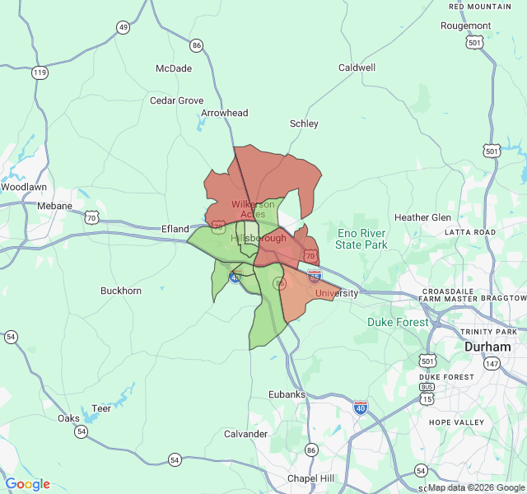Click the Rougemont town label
[465, 26]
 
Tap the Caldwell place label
[357, 68]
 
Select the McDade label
[174, 68]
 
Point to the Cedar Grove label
[176, 100]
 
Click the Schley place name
[304, 123]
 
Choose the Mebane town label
[55, 206]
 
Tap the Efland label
[175, 229]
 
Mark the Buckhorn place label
[121, 291]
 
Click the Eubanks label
[287, 394]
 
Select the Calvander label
[246, 434]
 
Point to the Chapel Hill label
[310, 478]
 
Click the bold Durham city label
[487, 347]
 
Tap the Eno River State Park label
[361, 239]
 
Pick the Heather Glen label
[422, 217]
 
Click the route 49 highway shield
[123, 27]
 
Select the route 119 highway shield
[40, 72]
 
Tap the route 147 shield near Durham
[492, 363]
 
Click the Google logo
[27, 484]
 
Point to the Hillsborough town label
[259, 238]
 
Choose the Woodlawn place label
[23, 187]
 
